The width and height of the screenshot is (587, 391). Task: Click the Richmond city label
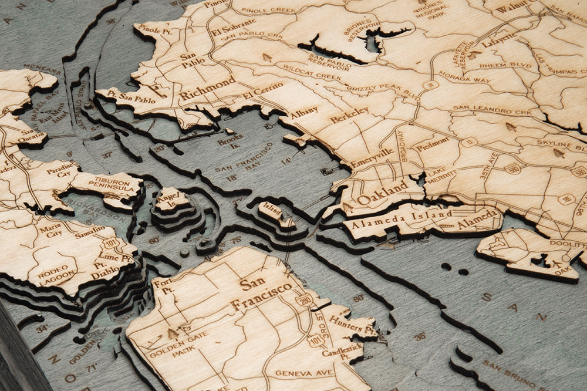[207, 89]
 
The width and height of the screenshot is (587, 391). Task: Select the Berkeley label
[349, 114]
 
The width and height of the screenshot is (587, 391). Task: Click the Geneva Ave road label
[296, 373]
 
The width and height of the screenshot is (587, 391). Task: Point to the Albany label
[304, 110]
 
